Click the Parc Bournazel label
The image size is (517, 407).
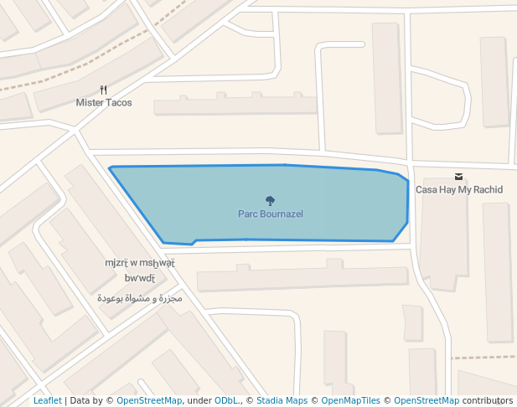(270, 214)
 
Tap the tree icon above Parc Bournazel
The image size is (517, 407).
(270, 201)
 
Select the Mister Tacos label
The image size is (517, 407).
(104, 103)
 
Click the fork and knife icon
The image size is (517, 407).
(104, 90)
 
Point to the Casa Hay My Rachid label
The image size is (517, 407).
(459, 189)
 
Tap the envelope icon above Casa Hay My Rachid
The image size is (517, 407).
(458, 176)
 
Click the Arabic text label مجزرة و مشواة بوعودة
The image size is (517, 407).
(139, 298)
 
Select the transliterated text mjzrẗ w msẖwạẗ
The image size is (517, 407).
(139, 263)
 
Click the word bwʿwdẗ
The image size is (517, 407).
(139, 278)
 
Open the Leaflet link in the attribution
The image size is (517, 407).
(48, 401)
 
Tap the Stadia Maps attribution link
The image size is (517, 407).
(282, 401)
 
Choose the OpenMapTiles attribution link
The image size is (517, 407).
(350, 401)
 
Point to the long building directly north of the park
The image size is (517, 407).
(235, 106)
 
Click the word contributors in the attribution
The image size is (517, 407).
(488, 401)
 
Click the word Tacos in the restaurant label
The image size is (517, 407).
(118, 103)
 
